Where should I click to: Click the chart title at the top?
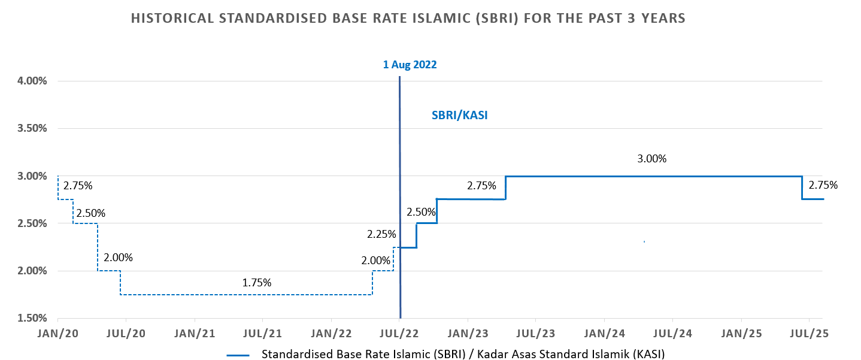tap(408, 19)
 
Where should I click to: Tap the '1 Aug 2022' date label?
tap(410, 64)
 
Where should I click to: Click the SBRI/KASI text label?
tap(460, 116)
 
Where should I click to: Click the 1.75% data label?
tap(257, 282)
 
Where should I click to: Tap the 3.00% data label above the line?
tap(651, 159)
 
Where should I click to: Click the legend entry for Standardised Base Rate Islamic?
tap(463, 354)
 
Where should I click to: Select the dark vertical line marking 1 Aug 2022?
tap(399, 180)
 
